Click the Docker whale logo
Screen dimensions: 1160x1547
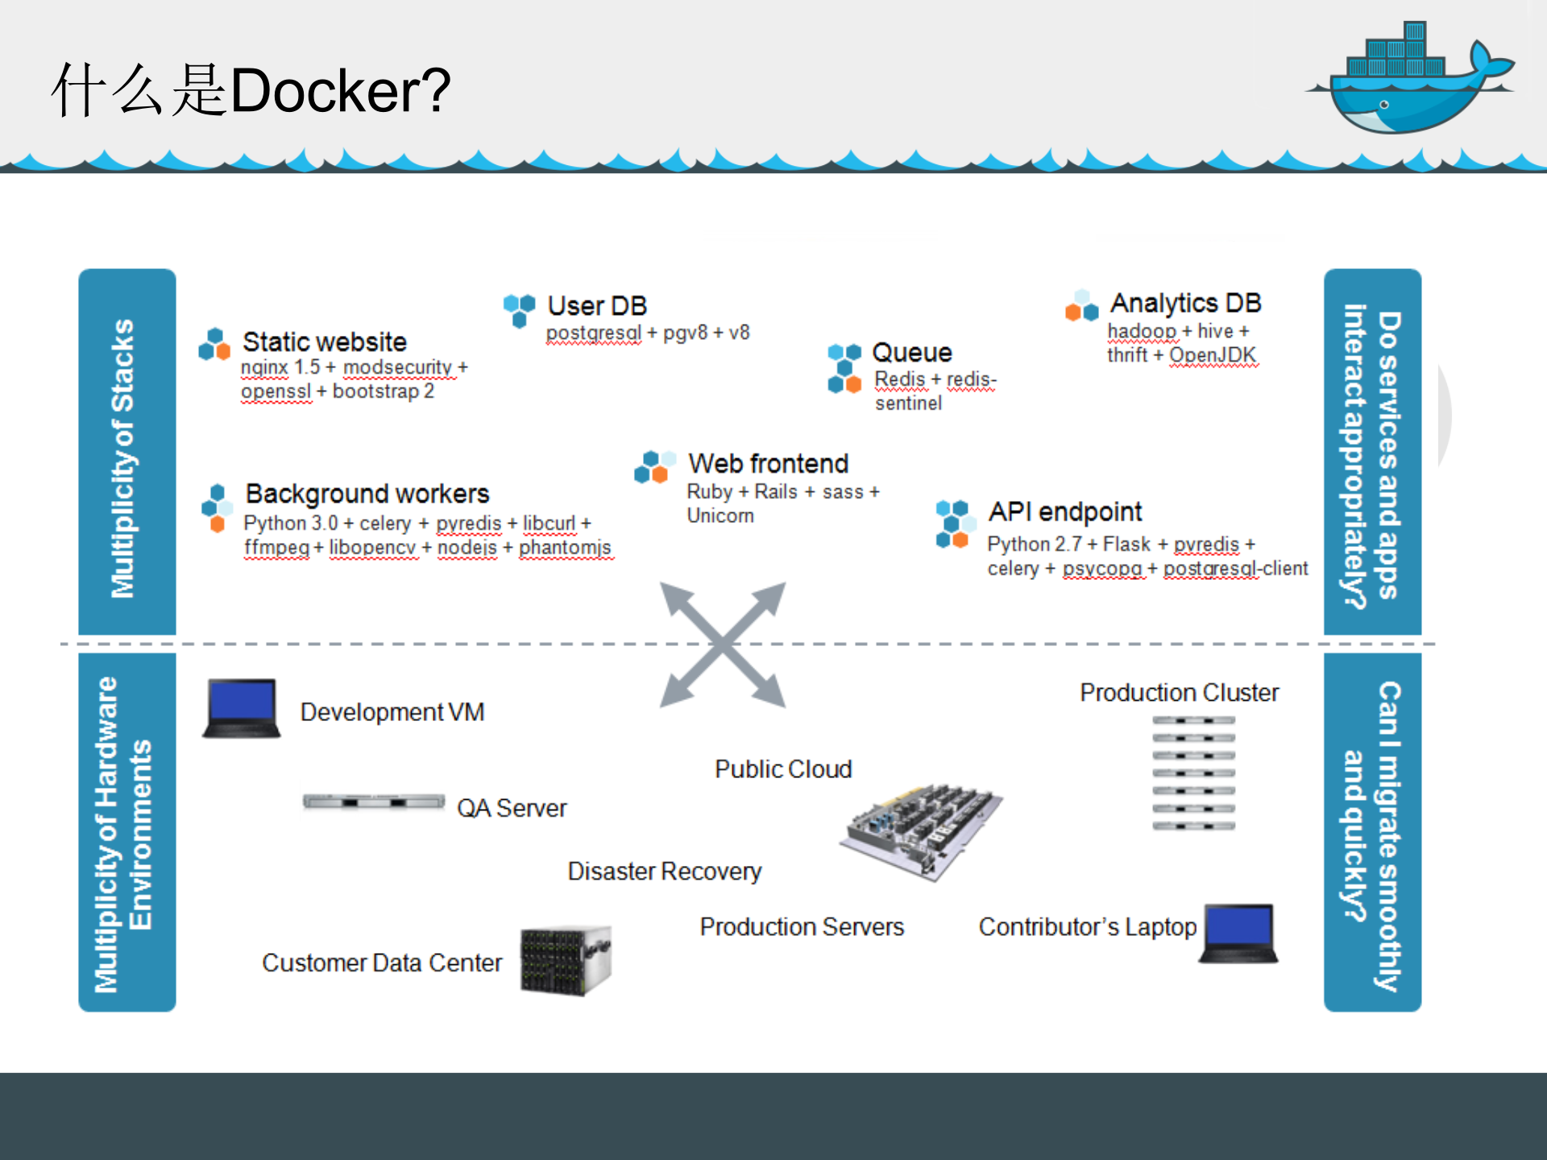(x=1410, y=81)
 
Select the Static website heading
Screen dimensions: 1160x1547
(x=325, y=342)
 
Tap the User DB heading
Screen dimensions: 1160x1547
(x=597, y=306)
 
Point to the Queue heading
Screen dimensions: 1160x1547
(x=912, y=353)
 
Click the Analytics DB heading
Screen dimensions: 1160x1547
(x=1185, y=304)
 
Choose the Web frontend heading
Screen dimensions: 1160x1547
(x=768, y=464)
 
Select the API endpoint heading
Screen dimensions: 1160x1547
(x=1065, y=512)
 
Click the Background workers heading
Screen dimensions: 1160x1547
(x=367, y=494)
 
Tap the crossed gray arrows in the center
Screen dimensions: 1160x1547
(x=723, y=644)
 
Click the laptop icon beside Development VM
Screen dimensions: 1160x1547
(x=242, y=708)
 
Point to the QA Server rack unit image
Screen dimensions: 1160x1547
(x=373, y=802)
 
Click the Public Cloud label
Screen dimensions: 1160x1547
(x=783, y=769)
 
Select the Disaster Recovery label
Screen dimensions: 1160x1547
(x=665, y=872)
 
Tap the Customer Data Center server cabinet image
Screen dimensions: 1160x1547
(x=566, y=960)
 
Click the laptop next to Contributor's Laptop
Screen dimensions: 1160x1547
(x=1239, y=933)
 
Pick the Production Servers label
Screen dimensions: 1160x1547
(x=802, y=927)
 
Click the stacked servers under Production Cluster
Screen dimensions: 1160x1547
(x=1193, y=773)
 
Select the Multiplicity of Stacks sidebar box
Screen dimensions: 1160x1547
(x=127, y=452)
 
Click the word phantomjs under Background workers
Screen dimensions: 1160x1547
(x=565, y=548)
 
